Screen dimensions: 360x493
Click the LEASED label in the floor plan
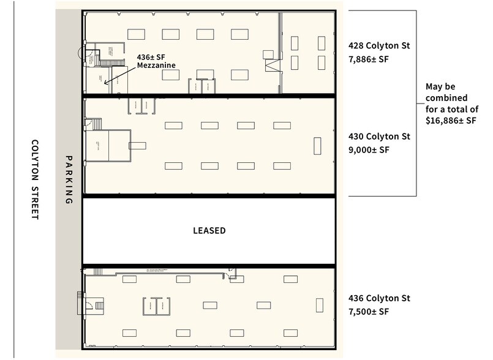(209, 231)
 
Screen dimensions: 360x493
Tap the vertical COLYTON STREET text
(34, 180)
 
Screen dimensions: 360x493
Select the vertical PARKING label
(69, 179)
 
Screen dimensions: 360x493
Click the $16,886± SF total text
(451, 121)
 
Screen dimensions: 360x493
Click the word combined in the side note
(446, 98)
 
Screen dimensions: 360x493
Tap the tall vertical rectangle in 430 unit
(317, 146)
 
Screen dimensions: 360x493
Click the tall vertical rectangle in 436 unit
(319, 306)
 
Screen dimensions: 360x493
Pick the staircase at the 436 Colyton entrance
(80, 302)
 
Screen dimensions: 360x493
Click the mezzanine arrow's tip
(105, 83)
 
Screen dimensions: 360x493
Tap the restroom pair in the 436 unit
(156, 306)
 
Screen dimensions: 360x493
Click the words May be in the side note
(440, 87)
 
